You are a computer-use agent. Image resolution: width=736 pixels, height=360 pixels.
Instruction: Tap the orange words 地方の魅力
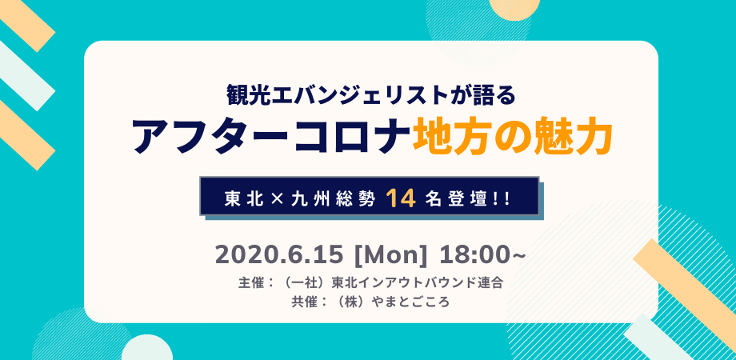[513, 137]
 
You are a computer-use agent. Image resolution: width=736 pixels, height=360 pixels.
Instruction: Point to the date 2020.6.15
[279, 256]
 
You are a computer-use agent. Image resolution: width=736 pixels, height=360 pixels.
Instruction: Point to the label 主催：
[255, 283]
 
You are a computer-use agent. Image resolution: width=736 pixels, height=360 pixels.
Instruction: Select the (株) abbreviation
[347, 302]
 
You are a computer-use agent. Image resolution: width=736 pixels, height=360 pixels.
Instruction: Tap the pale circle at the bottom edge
[147, 350]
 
